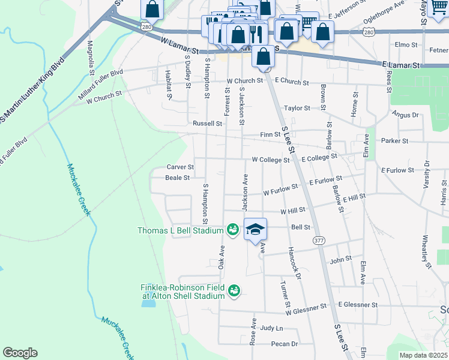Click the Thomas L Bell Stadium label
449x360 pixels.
point(181,230)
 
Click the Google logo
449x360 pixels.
point(20,353)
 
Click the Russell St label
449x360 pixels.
point(207,124)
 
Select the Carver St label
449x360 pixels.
point(180,167)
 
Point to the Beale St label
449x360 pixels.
point(177,178)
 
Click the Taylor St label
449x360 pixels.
point(297,109)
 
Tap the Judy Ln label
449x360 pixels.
point(271,328)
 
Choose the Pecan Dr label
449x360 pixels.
point(284,344)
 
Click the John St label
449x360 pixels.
point(340,260)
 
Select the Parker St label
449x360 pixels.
point(394,141)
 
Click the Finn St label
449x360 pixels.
point(267,134)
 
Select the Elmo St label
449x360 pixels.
point(406,44)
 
